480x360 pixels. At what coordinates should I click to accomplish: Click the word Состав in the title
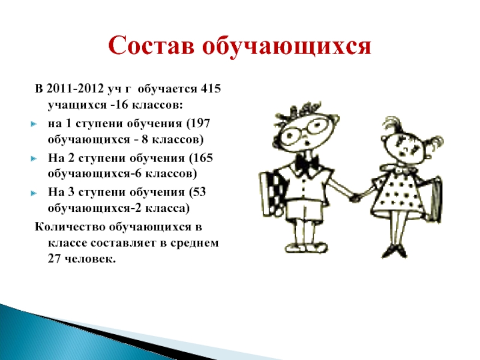[x=151, y=46]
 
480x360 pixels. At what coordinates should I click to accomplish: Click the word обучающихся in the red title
[x=287, y=47]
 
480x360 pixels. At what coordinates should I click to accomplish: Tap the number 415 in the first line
[x=211, y=88]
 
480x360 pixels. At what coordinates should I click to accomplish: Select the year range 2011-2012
[x=74, y=88]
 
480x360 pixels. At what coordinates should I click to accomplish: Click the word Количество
[x=70, y=227]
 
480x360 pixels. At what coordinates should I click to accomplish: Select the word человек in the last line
[x=91, y=259]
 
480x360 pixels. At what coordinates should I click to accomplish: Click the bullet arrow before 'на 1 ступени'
[x=34, y=124]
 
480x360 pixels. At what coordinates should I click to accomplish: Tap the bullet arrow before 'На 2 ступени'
[x=34, y=158]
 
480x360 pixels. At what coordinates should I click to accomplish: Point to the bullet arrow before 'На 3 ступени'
[x=34, y=193]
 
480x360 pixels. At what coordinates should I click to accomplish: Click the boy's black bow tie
[x=307, y=164]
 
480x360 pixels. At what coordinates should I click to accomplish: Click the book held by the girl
[x=434, y=199]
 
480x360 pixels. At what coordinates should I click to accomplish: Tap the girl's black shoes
[x=394, y=251]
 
